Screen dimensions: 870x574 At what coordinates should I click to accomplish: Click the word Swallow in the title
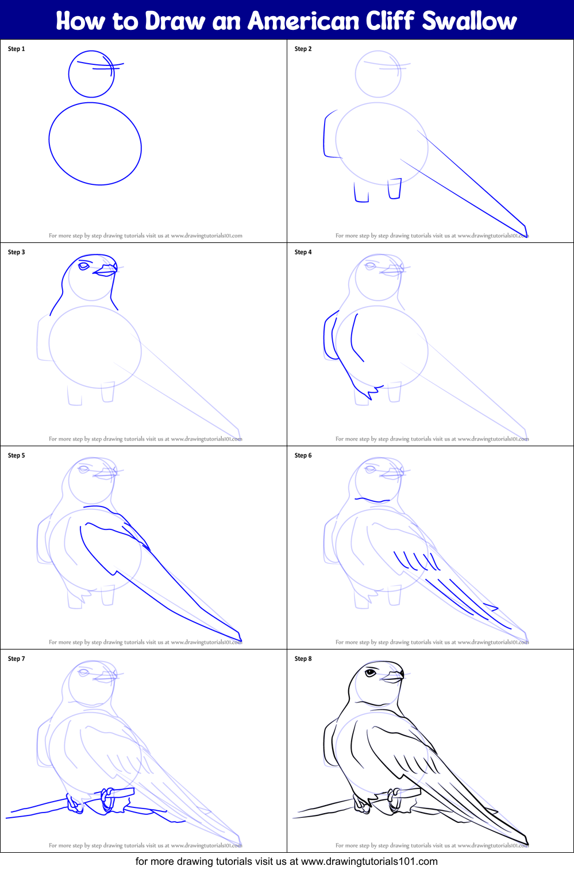[x=469, y=21]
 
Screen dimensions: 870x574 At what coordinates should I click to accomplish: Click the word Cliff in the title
[x=391, y=21]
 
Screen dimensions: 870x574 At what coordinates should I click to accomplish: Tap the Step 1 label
[x=17, y=49]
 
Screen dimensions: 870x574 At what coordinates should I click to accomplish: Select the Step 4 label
[x=303, y=252]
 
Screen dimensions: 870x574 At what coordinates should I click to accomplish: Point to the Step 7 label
[x=17, y=659]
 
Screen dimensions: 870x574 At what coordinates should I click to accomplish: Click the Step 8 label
[x=303, y=659]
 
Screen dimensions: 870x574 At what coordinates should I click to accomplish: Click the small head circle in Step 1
[x=91, y=75]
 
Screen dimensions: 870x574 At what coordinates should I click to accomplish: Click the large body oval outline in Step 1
[x=95, y=144]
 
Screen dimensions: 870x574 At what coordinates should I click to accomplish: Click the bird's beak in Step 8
[x=394, y=677]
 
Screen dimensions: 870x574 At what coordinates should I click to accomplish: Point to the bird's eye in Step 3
[x=84, y=266]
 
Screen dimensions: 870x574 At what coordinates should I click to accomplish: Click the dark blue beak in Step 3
[x=106, y=270]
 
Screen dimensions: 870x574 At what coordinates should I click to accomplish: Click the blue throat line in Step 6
[x=372, y=501]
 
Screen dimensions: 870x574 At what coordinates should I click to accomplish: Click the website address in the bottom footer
[x=369, y=861]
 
